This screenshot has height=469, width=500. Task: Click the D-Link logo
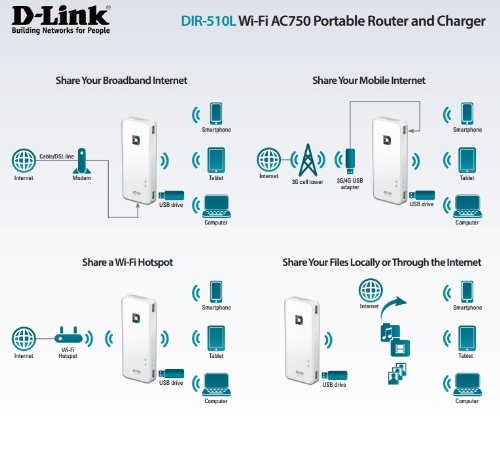click(x=61, y=20)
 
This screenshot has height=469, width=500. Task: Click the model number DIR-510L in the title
click(x=208, y=21)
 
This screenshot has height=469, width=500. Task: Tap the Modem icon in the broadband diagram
click(x=82, y=161)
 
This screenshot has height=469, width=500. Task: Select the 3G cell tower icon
click(x=308, y=160)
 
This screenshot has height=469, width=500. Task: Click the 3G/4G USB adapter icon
click(x=350, y=161)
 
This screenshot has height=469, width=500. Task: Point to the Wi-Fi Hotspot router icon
click(x=68, y=335)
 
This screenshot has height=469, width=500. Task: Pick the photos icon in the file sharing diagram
click(x=397, y=374)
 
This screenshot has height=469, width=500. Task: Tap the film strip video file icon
click(x=400, y=347)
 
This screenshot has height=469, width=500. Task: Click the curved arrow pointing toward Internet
click(x=391, y=305)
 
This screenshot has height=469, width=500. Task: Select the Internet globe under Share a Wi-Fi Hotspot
click(x=24, y=338)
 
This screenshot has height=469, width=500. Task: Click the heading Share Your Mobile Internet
click(x=369, y=81)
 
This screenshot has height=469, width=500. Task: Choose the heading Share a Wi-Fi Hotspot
click(x=127, y=262)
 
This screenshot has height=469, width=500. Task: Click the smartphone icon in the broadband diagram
click(x=216, y=114)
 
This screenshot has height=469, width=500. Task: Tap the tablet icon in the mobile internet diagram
click(x=467, y=161)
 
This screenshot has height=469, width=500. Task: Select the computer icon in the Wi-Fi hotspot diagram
click(x=216, y=384)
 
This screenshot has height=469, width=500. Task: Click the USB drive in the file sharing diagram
click(x=334, y=376)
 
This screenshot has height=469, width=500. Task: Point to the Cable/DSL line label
click(x=57, y=156)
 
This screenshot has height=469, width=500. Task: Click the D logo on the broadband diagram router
click(x=136, y=140)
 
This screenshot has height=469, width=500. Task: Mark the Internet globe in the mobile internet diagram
click(x=269, y=160)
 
